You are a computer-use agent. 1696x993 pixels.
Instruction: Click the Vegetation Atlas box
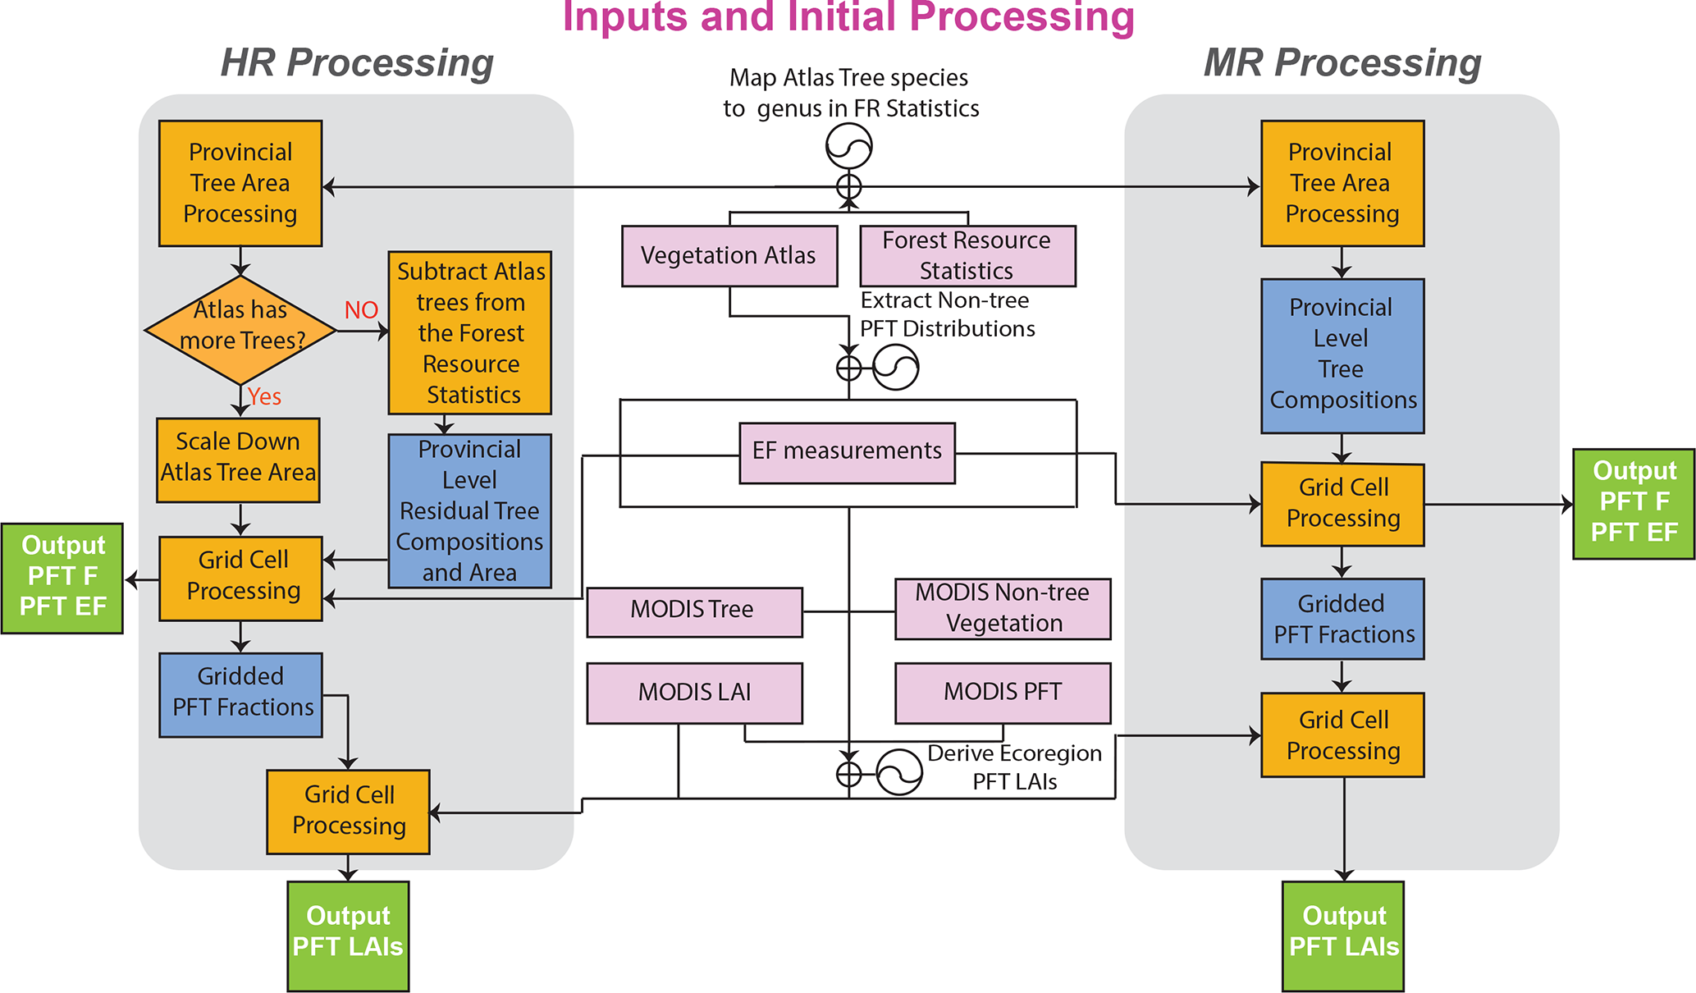pyautogui.click(x=729, y=256)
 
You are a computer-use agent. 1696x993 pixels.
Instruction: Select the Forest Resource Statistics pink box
pyautogui.click(x=967, y=256)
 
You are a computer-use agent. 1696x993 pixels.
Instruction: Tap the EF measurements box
pyautogui.click(x=847, y=452)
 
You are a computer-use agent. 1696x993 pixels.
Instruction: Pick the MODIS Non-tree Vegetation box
pyautogui.click(x=1002, y=609)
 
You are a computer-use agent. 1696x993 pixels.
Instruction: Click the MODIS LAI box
pyautogui.click(x=694, y=693)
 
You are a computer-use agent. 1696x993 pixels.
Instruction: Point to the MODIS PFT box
pyautogui.click(x=1002, y=693)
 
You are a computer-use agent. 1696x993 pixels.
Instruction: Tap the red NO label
pyautogui.click(x=361, y=310)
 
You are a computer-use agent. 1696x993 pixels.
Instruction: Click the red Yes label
pyautogui.click(x=264, y=397)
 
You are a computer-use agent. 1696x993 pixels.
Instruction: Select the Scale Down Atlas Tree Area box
pyautogui.click(x=238, y=460)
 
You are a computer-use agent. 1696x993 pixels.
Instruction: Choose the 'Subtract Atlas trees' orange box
pyautogui.click(x=469, y=332)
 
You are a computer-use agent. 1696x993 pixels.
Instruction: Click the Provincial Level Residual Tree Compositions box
pyautogui.click(x=469, y=510)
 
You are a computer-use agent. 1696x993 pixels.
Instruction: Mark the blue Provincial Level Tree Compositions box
pyautogui.click(x=1342, y=355)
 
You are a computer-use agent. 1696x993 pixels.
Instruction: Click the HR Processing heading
pyautogui.click(x=357, y=62)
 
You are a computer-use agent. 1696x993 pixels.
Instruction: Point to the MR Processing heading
pyautogui.click(x=1342, y=62)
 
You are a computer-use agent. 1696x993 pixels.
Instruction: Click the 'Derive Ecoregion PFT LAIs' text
pyautogui.click(x=1015, y=767)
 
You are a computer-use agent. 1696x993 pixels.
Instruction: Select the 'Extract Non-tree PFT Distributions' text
pyautogui.click(x=946, y=314)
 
